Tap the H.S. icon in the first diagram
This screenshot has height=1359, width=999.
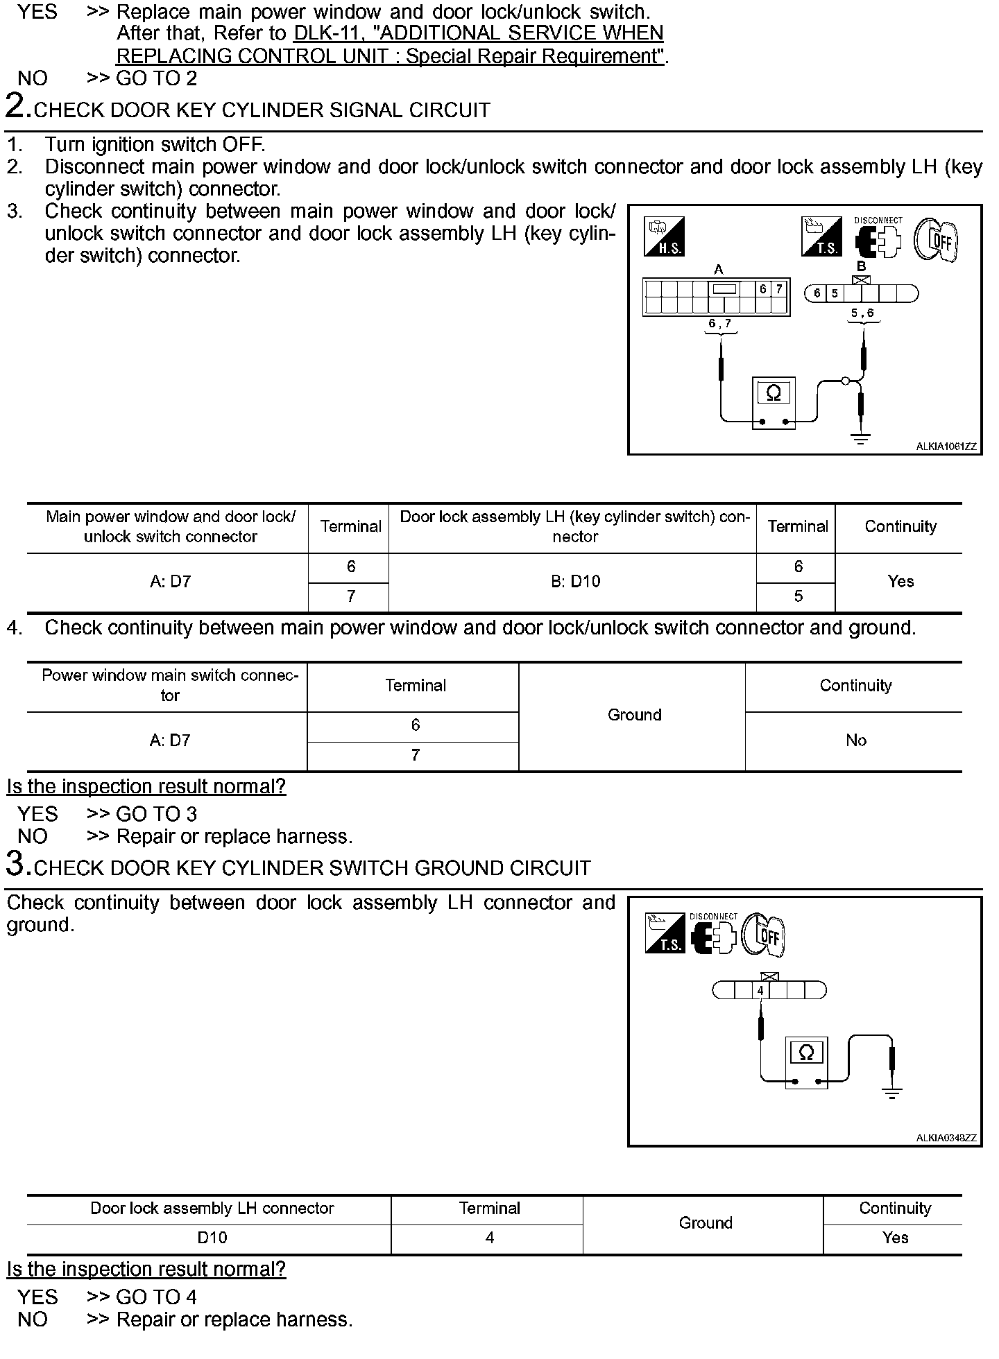coord(665,236)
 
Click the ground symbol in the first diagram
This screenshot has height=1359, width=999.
coord(861,439)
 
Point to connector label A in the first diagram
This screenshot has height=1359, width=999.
coord(719,269)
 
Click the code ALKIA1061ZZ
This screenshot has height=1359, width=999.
coord(946,447)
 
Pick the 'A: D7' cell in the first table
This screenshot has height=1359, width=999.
coord(170,582)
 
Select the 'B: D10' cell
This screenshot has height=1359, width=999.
coord(575,582)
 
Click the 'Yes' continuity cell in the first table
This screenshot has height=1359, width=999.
coord(900,582)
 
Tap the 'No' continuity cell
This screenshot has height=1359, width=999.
coord(855,741)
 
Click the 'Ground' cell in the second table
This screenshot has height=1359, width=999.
coord(634,715)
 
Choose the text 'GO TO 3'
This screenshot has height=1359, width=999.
coord(156,814)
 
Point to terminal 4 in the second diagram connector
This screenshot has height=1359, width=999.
coord(760,991)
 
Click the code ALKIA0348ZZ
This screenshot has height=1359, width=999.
coord(946,1138)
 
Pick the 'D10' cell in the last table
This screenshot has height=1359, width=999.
coord(212,1238)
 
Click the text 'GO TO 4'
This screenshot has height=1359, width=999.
coord(156,1297)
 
